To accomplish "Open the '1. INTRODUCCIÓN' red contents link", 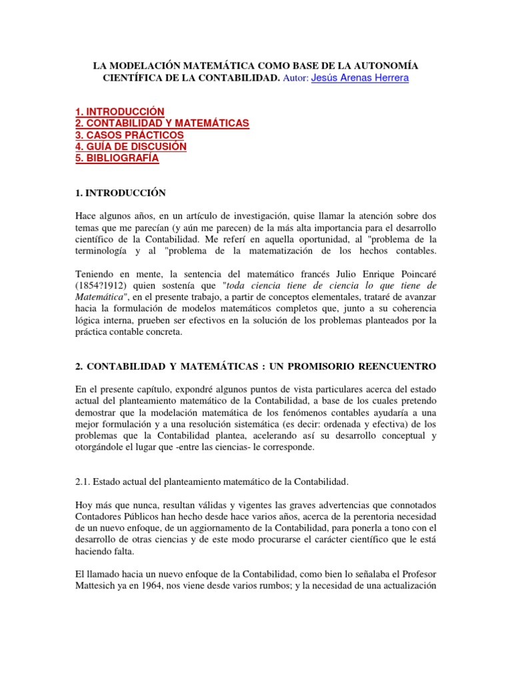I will pyautogui.click(x=119, y=111).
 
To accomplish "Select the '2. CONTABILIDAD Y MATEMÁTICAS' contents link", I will pyautogui.click(x=162, y=123).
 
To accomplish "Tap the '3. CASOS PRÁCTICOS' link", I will pyautogui.click(x=129, y=135).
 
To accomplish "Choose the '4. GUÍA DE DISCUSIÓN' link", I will pyautogui.click(x=131, y=147).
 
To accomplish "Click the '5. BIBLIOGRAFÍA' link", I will pyautogui.click(x=117, y=159).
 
